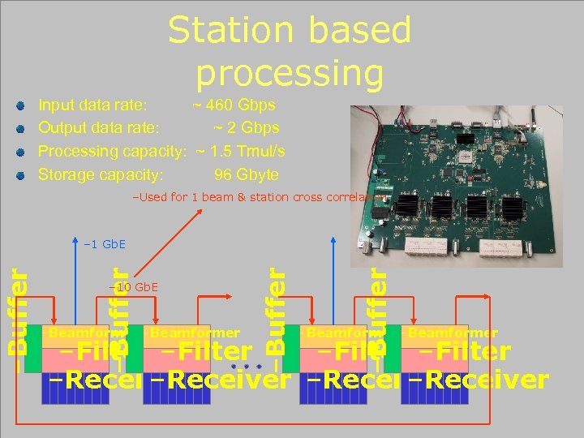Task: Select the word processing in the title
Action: [290, 72]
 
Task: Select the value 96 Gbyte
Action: [246, 174]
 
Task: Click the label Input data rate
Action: [93, 105]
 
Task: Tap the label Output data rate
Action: [99, 127]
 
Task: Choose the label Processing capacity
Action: [113, 151]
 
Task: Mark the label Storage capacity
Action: [101, 174]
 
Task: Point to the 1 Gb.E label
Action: [105, 244]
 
